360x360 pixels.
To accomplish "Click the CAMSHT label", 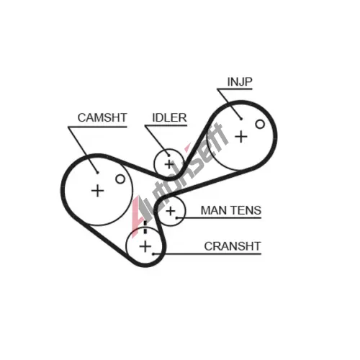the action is [x=102, y=117].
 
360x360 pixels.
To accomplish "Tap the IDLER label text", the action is [x=169, y=117].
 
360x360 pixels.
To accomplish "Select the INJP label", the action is [x=240, y=82].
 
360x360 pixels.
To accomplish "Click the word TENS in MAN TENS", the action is [x=246, y=210].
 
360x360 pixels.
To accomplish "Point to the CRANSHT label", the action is [x=233, y=246].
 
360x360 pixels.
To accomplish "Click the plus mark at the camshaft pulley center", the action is [x=97, y=191].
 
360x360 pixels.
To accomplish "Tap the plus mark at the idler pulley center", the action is [x=169, y=164].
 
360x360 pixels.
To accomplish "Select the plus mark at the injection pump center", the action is [x=241, y=137].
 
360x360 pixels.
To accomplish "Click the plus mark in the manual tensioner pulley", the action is [x=171, y=211].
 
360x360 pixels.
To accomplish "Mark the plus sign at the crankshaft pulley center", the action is [x=145, y=246].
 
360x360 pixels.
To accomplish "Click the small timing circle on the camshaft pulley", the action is [x=120, y=179].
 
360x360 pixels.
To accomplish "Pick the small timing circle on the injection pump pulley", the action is [x=260, y=124].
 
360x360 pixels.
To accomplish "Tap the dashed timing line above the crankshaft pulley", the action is [x=145, y=227].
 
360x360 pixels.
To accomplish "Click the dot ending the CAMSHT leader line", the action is [x=97, y=172].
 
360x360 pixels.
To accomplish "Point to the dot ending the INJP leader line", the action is [x=241, y=119].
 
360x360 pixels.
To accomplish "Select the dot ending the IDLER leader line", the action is [x=169, y=156].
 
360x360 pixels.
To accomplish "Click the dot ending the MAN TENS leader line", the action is [x=176, y=218].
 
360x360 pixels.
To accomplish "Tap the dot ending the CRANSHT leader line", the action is [x=153, y=253].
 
